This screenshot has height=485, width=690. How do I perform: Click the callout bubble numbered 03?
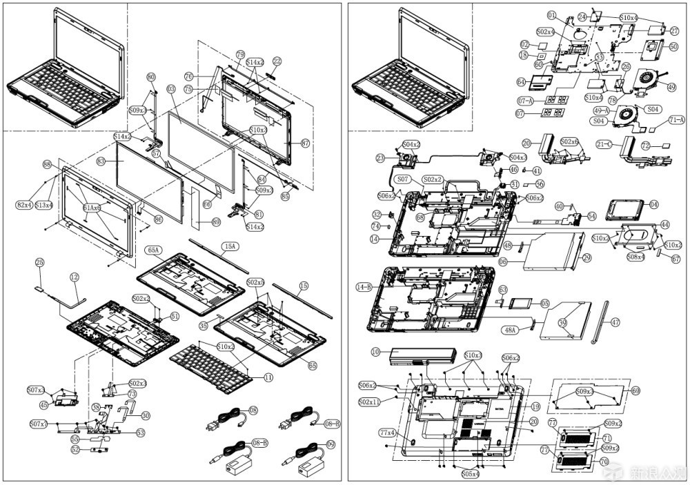(170, 90)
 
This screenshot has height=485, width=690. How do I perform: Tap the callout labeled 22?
(277, 61)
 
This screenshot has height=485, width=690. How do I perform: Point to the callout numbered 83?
(101, 160)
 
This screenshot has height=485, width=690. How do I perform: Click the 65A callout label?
(153, 250)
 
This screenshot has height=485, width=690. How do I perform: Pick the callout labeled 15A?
(229, 246)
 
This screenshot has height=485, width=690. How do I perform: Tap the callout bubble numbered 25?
(40, 263)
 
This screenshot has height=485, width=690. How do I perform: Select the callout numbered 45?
(44, 406)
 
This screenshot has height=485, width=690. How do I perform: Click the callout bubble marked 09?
(331, 444)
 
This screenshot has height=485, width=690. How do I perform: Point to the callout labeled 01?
(551, 15)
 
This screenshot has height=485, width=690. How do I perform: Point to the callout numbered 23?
(380, 158)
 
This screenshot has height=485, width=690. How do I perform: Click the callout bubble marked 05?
(544, 303)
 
